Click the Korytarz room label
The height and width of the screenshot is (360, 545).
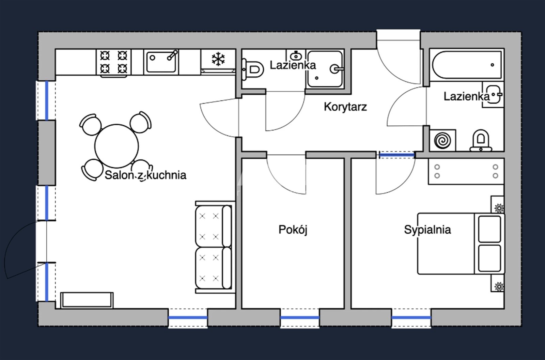tap(345, 107)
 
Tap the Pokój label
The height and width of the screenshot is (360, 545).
tap(293, 230)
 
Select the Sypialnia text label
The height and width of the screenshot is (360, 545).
tap(427, 230)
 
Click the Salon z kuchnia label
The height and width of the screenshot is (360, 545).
tap(145, 175)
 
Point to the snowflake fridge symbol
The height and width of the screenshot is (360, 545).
tap(218, 59)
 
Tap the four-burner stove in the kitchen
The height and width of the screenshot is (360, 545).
tap(114, 62)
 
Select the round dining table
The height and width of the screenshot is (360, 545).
tap(117, 146)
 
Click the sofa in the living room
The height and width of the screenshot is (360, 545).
tap(213, 247)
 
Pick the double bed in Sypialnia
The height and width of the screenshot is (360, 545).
tap(461, 244)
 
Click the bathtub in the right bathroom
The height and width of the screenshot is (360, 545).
tap(467, 65)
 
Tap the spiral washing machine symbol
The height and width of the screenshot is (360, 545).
tap(442, 140)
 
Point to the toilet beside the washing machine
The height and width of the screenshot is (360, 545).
tap(481, 140)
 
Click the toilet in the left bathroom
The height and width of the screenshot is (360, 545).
tap(253, 69)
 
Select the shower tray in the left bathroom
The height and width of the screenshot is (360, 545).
tap(325, 69)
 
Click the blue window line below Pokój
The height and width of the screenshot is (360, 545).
tap(300, 317)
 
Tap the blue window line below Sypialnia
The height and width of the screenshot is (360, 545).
tap(411, 317)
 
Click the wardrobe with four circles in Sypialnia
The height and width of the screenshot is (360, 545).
tap(466, 171)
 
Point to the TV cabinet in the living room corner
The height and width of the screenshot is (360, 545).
tap(87, 300)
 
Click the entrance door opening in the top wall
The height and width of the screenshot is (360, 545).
tap(399, 40)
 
